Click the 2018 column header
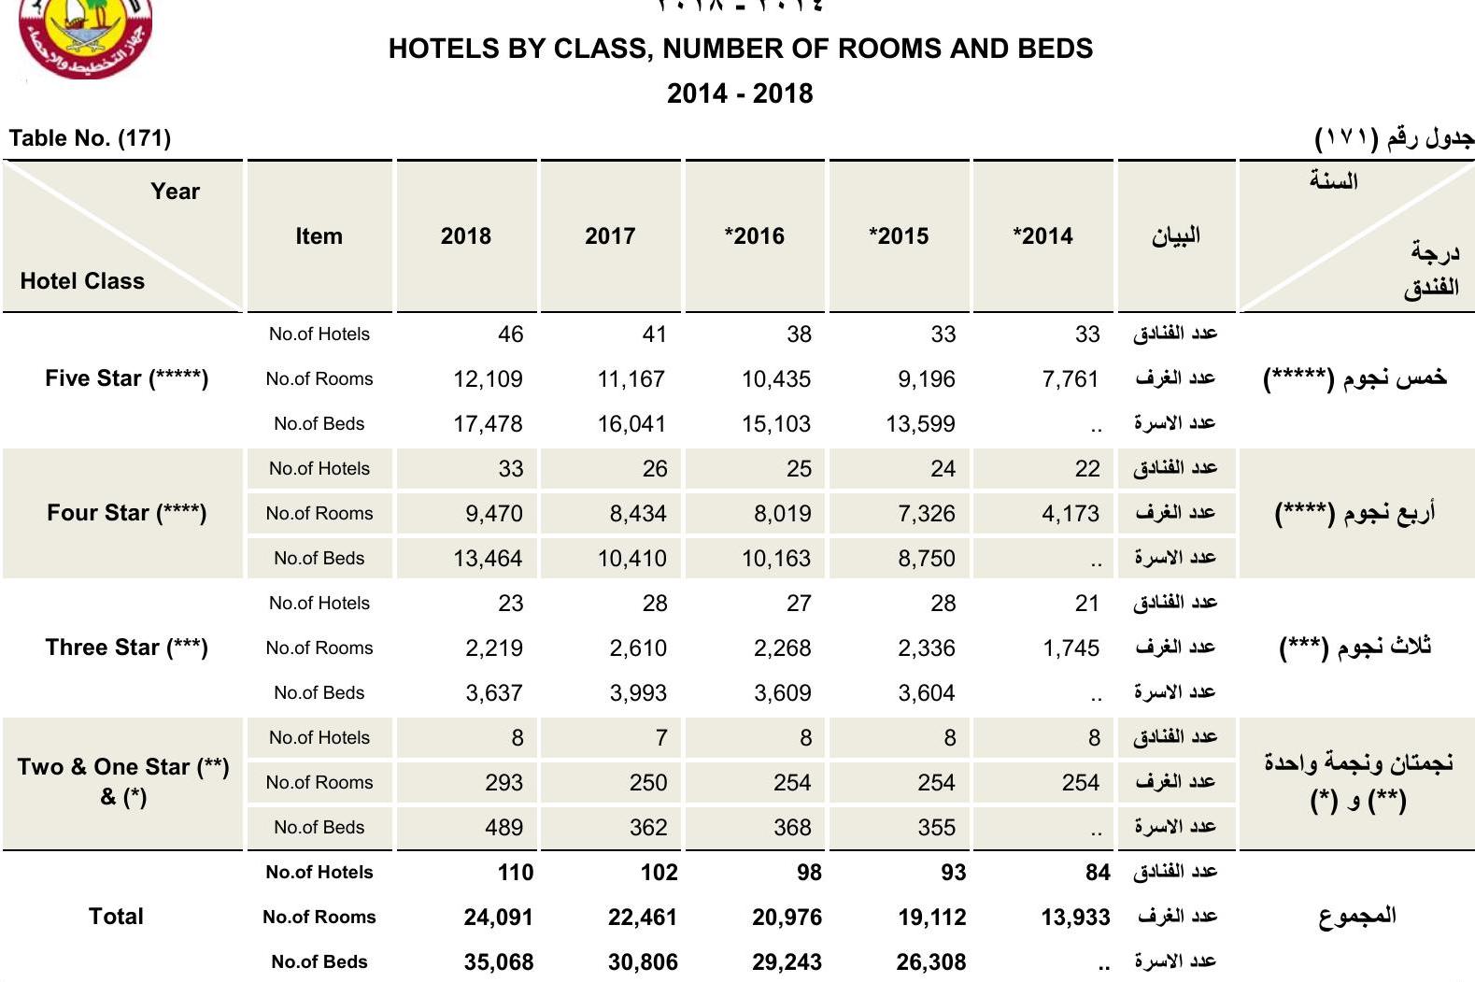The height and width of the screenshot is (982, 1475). click(465, 236)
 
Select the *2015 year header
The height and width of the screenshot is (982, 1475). click(899, 236)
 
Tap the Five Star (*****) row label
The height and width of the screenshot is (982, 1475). click(126, 378)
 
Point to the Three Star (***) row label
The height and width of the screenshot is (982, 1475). click(126, 648)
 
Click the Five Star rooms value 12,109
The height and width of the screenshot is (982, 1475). click(488, 379)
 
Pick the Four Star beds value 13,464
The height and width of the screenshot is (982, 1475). click(488, 559)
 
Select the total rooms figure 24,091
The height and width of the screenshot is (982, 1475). click(498, 918)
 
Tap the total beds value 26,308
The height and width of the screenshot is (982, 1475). click(930, 962)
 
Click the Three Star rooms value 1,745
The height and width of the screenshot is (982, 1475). click(1071, 648)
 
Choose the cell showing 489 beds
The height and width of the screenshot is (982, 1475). click(503, 828)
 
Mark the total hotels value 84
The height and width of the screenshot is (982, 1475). click(1098, 873)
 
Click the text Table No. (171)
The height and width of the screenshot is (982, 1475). click(90, 138)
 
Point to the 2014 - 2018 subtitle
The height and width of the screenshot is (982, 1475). click(739, 93)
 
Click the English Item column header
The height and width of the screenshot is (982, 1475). click(319, 236)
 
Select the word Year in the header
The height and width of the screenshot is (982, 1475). click(175, 192)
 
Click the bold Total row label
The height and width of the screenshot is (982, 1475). click(116, 917)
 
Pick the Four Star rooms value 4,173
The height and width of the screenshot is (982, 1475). click(1071, 514)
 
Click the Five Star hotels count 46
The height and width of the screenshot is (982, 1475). click(510, 334)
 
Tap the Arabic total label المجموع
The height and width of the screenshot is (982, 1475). click(1356, 917)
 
